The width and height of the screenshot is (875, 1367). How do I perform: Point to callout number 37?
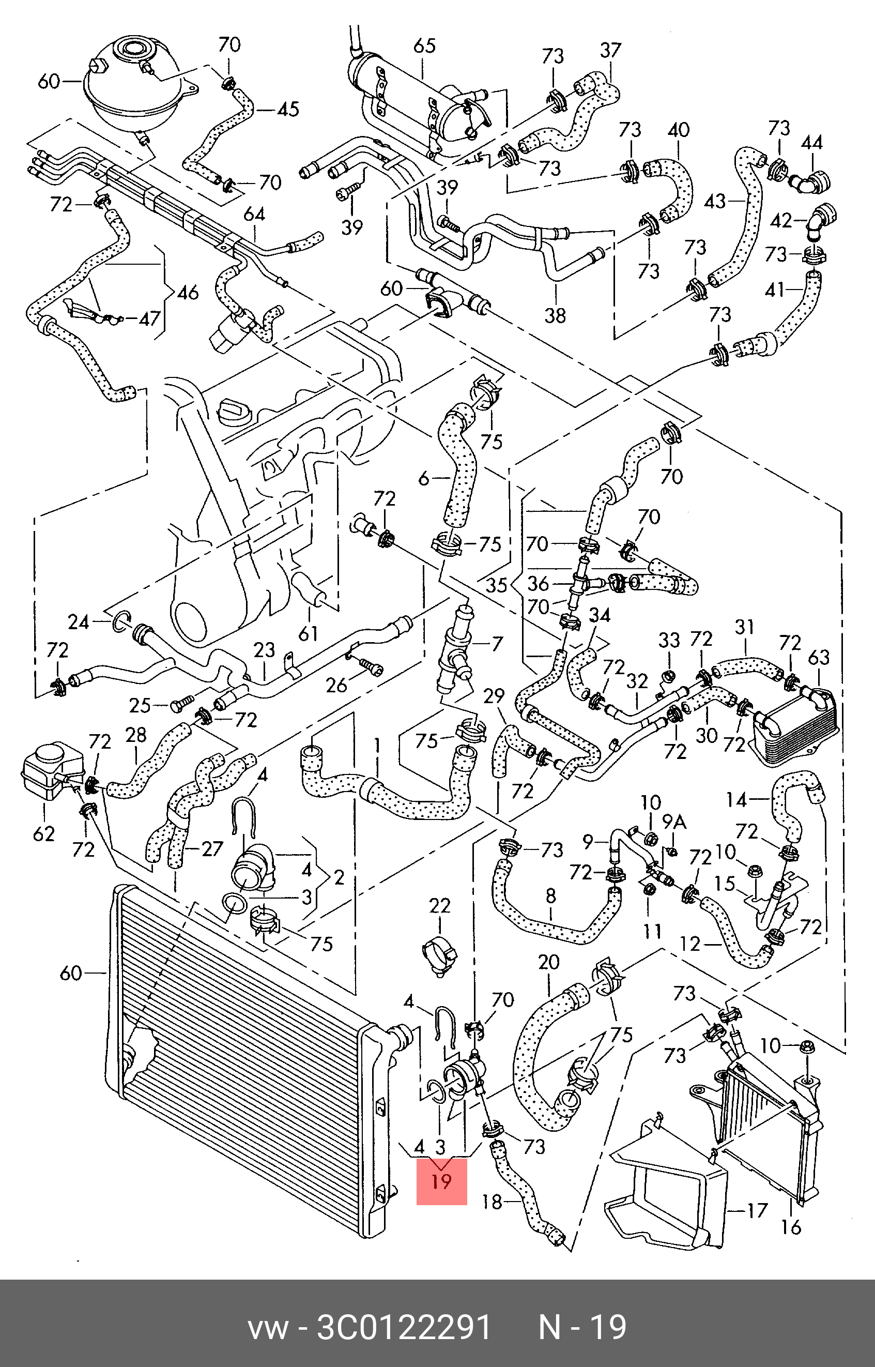coord(611,51)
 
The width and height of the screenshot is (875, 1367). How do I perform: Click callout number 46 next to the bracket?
coord(188,293)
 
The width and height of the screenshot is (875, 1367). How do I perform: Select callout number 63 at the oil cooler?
coord(819,658)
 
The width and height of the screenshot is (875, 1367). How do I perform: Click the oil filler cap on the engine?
coord(234,411)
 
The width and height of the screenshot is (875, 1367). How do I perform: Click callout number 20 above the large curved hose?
coord(549,962)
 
